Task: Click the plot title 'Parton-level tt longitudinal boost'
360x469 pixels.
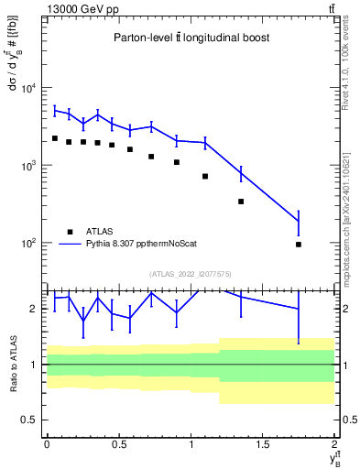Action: (191, 38)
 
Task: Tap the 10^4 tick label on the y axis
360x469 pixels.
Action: (28, 89)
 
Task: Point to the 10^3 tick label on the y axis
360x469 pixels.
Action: (28, 167)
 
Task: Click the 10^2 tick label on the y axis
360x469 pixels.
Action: (28, 245)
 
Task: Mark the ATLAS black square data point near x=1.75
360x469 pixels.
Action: (299, 245)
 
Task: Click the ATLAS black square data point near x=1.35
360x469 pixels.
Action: (241, 202)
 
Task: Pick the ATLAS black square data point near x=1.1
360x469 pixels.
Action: (205, 176)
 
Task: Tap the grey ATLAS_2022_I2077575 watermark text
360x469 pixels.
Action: (191, 273)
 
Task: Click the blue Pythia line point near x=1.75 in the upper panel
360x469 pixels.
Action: (299, 222)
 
